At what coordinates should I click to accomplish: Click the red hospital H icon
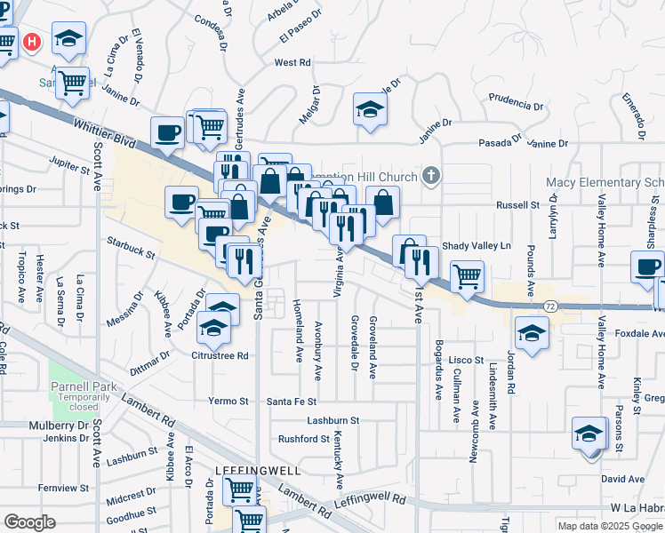point(33,42)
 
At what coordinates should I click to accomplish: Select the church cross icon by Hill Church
point(431,176)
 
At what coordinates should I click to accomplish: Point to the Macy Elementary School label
point(605,183)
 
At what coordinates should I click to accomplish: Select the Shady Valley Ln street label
point(477,246)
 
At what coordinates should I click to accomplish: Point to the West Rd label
point(292,63)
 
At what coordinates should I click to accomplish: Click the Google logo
point(29,521)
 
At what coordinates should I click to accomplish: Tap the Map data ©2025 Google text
point(611,526)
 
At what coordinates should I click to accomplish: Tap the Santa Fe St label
point(292,402)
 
